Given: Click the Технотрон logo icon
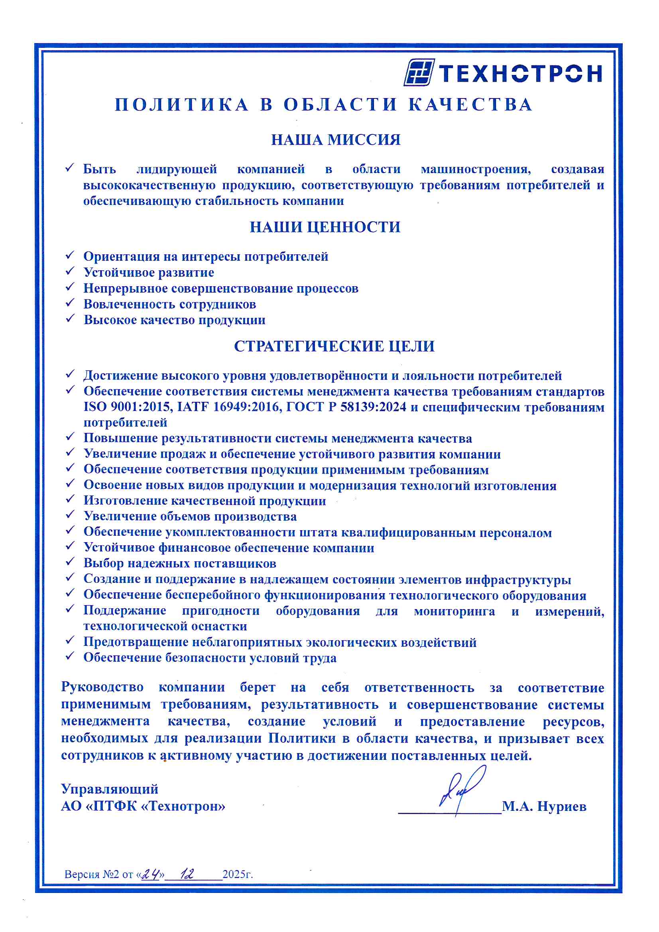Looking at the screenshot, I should pyautogui.click(x=419, y=72).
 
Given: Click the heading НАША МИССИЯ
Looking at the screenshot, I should pyautogui.click(x=335, y=140).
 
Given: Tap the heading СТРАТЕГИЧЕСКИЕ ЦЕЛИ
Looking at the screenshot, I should pyautogui.click(x=334, y=346).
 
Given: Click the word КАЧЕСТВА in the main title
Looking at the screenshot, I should pyautogui.click(x=470, y=105).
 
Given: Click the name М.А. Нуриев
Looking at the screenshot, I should pyautogui.click(x=544, y=806).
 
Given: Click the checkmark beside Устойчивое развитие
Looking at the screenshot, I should pyautogui.click(x=70, y=271).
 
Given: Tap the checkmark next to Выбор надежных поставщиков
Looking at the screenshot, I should pyautogui.click(x=70, y=561).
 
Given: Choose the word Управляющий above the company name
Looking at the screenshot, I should pyautogui.click(x=110, y=789).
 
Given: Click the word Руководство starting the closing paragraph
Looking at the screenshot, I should pyautogui.click(x=102, y=687).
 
